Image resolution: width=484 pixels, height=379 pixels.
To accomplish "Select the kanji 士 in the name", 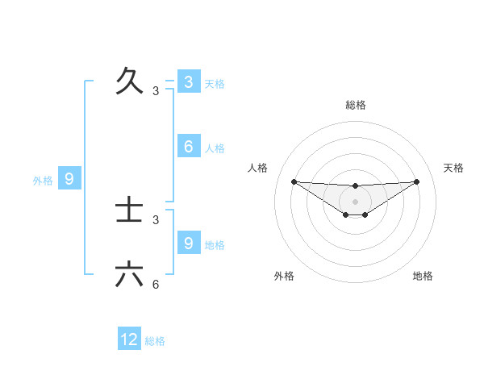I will (x=129, y=210).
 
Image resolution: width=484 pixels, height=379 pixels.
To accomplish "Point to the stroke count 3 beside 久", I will (x=156, y=91).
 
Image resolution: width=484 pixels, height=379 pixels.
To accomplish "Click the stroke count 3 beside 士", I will (x=156, y=219).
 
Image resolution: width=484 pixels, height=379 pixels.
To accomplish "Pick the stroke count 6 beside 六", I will (x=156, y=285).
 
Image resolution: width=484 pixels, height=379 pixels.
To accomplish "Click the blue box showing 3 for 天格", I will (x=188, y=81).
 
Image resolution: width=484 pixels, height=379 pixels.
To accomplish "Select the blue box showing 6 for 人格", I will (x=188, y=146).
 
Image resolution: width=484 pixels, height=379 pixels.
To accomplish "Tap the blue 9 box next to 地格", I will (x=188, y=242).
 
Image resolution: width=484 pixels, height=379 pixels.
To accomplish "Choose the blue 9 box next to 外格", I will (x=69, y=179).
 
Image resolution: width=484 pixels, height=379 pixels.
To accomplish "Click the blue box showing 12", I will (x=129, y=339).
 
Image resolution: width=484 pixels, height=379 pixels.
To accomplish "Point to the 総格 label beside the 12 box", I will (x=155, y=341).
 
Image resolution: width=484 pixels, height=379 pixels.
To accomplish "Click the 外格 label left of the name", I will (x=43, y=181).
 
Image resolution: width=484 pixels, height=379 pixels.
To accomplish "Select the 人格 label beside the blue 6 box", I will (x=215, y=148).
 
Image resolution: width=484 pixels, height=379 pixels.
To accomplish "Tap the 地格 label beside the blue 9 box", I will (x=215, y=244).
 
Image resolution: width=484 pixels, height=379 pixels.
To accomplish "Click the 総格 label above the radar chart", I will (x=355, y=105).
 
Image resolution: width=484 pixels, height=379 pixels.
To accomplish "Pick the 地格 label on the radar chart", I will (x=423, y=276).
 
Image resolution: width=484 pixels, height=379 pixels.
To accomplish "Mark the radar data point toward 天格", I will (x=416, y=181).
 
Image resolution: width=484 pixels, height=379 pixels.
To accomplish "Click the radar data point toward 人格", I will (x=294, y=181).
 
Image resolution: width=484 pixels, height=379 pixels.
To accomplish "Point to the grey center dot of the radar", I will (x=355, y=201).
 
